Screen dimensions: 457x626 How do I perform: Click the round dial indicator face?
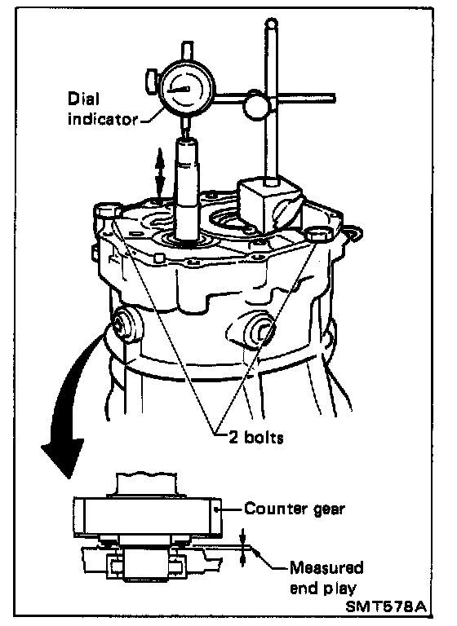187,90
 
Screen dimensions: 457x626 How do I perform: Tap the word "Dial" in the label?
83,99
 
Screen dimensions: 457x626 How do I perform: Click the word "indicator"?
102,118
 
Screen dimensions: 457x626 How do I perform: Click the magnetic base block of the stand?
269,205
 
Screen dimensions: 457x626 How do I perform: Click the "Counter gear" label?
295,509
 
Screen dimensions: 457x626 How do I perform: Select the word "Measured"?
326,567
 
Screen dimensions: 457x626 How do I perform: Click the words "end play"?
322,589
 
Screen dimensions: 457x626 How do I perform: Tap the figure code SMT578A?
385,606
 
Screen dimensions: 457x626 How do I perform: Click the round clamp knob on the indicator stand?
257,104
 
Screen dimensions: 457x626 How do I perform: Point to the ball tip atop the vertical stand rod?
272,22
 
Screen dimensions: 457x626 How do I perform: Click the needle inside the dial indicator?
179,90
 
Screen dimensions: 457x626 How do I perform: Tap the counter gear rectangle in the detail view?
147,516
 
